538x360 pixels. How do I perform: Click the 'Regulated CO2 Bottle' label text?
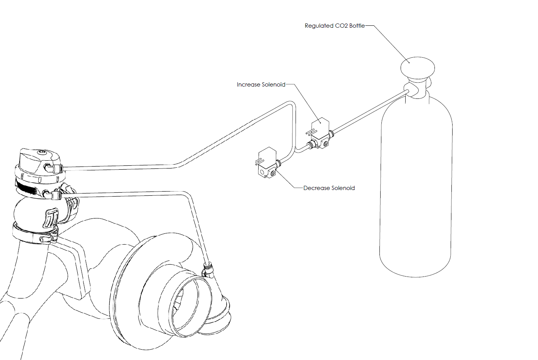coord(334,26)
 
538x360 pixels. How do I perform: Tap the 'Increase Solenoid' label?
coord(261,85)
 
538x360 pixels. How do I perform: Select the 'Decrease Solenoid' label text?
coord(329,188)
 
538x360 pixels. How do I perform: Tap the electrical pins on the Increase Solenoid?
coord(311,132)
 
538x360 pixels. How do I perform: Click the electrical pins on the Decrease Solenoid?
coord(260,162)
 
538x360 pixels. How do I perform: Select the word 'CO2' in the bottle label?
coord(341,26)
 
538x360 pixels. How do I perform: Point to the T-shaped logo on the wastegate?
coord(50,217)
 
